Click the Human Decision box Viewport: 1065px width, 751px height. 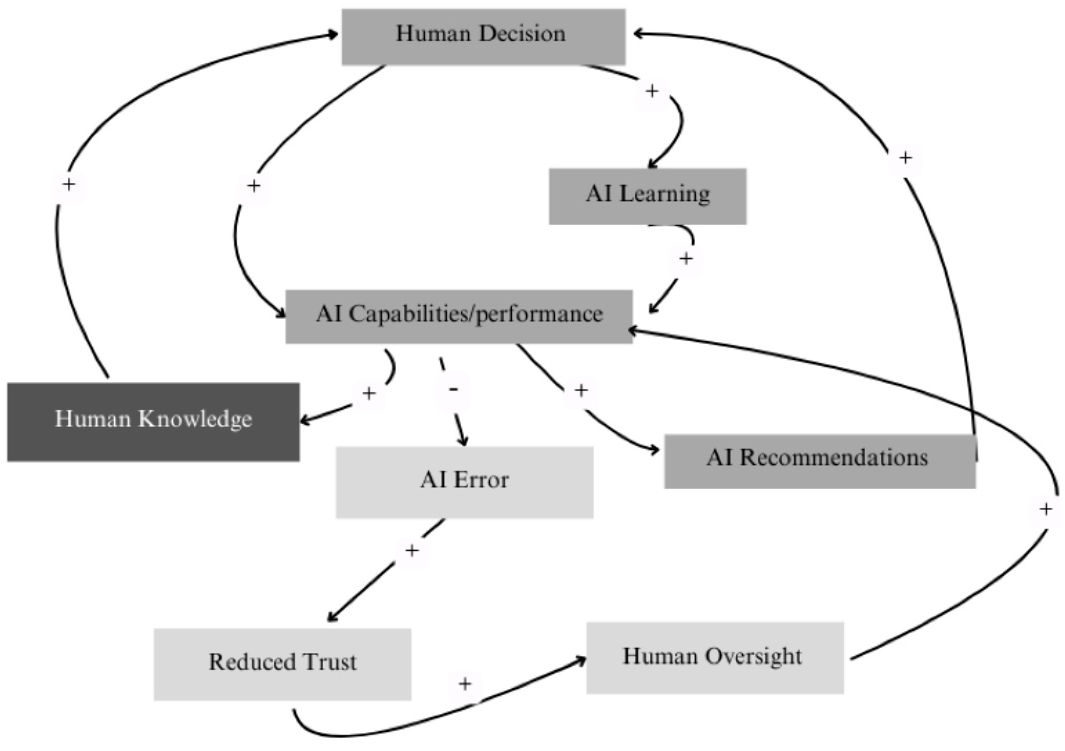coord(483,37)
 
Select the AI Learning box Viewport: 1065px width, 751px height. coord(648,196)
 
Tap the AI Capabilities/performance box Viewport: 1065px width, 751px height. coord(459,317)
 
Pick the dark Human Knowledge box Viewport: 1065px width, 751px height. coord(153,422)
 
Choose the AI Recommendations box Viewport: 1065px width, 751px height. coord(820,461)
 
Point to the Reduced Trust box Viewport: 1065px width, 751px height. coord(283,664)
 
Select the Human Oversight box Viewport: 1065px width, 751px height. coord(715,658)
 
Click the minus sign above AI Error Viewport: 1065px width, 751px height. coord(453,390)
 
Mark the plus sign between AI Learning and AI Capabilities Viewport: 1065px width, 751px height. coord(686,259)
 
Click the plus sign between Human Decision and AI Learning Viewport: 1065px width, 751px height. coord(652,91)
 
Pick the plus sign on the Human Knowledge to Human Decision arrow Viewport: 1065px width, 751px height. coord(69,185)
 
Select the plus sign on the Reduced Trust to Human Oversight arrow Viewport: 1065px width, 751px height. coord(465,684)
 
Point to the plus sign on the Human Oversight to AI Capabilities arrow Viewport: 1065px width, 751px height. coord(1045,509)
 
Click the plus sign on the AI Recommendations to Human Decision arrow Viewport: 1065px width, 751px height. coord(905,158)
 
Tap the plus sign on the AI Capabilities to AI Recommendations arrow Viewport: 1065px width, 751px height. coord(581,391)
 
